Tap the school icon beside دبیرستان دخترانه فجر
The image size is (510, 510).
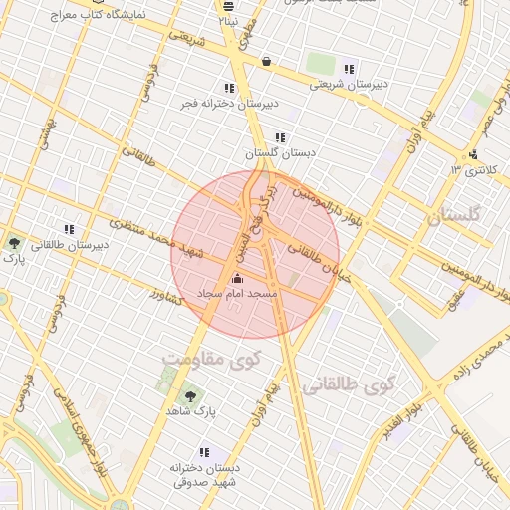230,89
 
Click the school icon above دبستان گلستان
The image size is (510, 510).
280,137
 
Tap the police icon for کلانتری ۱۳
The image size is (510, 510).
473,154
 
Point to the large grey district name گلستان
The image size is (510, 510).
452,215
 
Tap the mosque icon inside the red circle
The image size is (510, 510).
237,280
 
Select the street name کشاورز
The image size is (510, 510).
169,296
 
